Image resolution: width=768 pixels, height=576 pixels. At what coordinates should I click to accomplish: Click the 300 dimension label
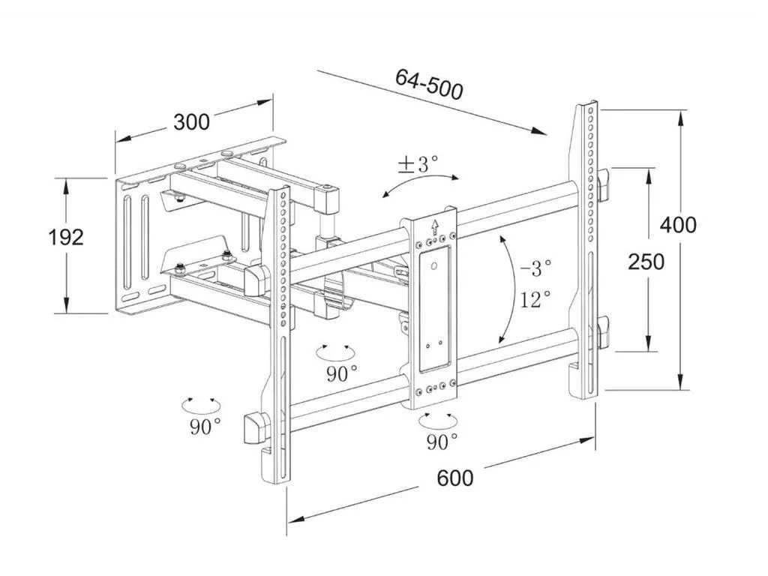click(x=191, y=121)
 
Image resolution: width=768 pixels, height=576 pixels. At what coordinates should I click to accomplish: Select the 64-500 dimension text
click(x=429, y=84)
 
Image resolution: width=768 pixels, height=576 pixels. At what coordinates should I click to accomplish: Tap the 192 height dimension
click(x=66, y=238)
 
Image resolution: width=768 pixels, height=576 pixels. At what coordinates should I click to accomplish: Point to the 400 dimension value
click(x=678, y=225)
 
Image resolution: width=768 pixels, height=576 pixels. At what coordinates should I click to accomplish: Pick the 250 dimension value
click(x=646, y=262)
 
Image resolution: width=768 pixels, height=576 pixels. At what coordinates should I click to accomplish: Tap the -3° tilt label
click(x=535, y=265)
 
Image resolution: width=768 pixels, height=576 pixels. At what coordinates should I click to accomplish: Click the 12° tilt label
click(x=535, y=300)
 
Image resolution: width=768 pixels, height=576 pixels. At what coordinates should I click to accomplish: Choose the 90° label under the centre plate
click(x=442, y=442)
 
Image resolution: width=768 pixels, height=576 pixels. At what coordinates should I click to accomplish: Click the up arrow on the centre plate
click(x=433, y=226)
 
